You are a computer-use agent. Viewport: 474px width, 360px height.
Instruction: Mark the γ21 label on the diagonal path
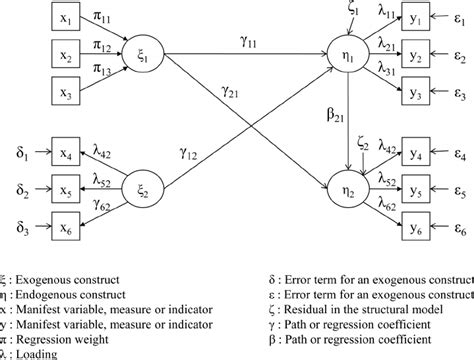[228, 92]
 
